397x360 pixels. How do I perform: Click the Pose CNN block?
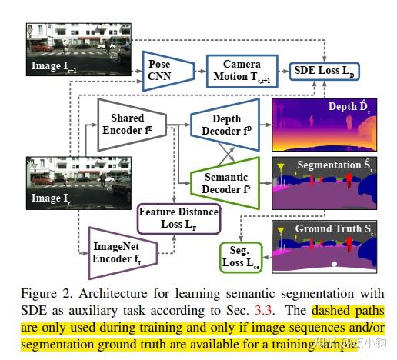(x=160, y=71)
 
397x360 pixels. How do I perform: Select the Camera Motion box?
(x=242, y=70)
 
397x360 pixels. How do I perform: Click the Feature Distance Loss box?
(x=178, y=218)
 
